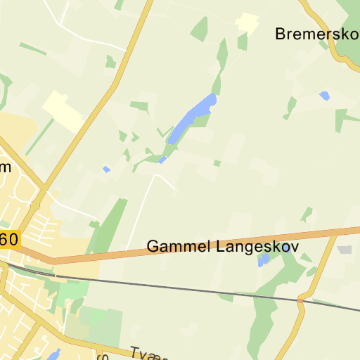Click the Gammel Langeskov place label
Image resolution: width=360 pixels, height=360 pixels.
(x=222, y=247)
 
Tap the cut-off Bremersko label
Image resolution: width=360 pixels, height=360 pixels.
(x=317, y=33)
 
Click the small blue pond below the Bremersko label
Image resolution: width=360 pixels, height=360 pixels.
(x=324, y=95)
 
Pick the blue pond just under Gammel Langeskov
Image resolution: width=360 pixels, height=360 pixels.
(x=264, y=260)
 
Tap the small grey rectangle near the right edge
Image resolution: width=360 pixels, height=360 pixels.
(x=344, y=250)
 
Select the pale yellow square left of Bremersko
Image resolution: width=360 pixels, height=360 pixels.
(x=247, y=22)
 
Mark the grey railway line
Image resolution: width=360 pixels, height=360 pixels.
(x=176, y=285)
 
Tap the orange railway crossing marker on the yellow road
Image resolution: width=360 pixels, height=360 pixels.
(x=300, y=302)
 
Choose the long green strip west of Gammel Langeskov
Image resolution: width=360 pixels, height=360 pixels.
(x=106, y=225)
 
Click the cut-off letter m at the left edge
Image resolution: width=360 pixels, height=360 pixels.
(x=5, y=167)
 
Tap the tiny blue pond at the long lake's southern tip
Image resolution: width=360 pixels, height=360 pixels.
(x=162, y=160)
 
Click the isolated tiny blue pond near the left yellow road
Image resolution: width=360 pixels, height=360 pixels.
(x=106, y=169)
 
